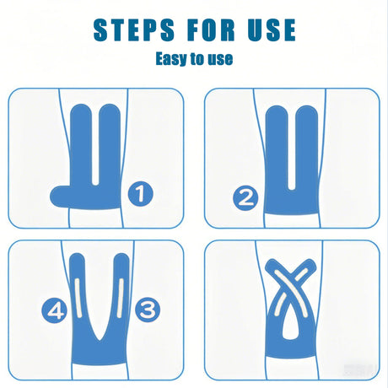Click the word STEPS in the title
pyautogui.click(x=134, y=30)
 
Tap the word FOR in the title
pyautogui.click(x=211, y=30)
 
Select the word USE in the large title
pyautogui.click(x=272, y=30)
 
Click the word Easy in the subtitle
pyautogui.click(x=171, y=59)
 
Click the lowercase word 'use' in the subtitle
pyautogui.click(x=220, y=60)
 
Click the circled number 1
pyautogui.click(x=141, y=194)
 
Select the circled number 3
pyautogui.click(x=148, y=310)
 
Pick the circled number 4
pyautogui.click(x=55, y=310)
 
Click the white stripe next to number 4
pyautogui.click(x=78, y=298)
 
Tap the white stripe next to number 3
pyautogui.click(x=121, y=297)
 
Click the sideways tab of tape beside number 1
pyautogui.click(x=60, y=197)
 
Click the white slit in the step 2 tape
pyautogui.click(x=292, y=150)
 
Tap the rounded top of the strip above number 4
pyautogui.click(x=77, y=259)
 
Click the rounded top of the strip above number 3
pyautogui.click(x=121, y=259)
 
